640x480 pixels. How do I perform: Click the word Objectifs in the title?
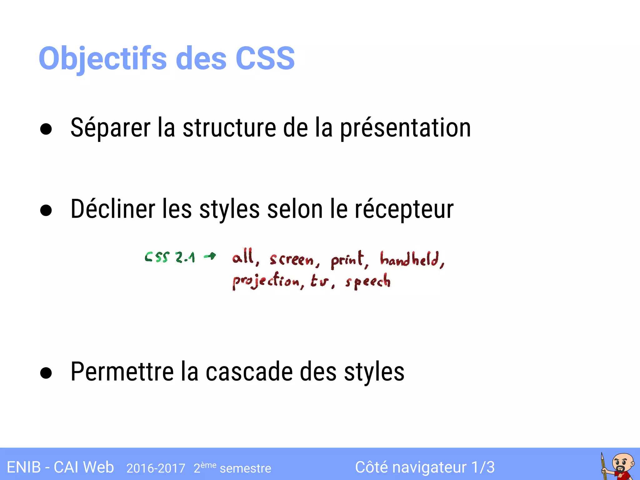tap(102, 59)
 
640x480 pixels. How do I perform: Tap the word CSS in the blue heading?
tap(265, 58)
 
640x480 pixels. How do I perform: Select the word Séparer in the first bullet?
tap(110, 128)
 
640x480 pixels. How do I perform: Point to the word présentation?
tap(405, 128)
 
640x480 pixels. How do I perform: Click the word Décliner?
tap(113, 209)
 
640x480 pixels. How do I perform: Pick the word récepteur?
tap(404, 210)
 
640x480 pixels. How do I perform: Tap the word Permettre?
tap(122, 372)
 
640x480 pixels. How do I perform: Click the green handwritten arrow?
tap(210, 257)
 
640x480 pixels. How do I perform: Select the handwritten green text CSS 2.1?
tap(170, 257)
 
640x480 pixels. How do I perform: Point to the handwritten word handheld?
tap(411, 259)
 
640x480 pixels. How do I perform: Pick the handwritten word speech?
tap(368, 281)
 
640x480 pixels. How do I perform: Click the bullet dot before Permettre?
tap(46, 373)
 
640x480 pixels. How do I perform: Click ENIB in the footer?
tap(24, 467)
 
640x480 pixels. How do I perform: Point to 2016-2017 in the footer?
tap(156, 468)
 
